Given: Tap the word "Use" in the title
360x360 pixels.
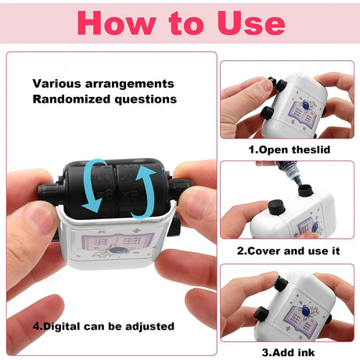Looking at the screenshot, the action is (251, 23).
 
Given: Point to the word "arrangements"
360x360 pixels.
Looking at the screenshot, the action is (129, 84).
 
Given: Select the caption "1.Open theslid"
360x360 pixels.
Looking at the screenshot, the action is (290, 149).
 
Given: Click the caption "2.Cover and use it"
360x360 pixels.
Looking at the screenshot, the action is (288, 251).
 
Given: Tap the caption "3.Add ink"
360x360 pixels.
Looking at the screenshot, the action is (288, 352).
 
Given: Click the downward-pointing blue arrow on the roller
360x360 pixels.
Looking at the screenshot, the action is (95, 185).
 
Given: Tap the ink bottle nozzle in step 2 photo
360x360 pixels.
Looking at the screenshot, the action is (297, 179).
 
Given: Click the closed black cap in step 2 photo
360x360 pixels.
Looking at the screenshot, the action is (275, 207).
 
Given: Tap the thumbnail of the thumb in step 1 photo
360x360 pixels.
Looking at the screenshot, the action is (265, 85).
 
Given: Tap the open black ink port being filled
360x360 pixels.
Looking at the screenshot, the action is (305, 190).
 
